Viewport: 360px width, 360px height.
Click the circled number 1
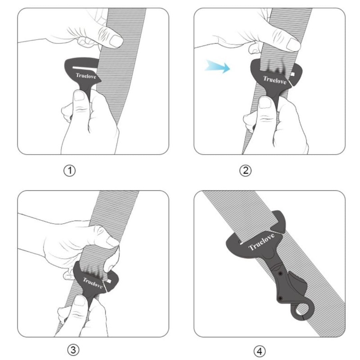coord(69,171)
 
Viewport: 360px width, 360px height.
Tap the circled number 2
coord(245,171)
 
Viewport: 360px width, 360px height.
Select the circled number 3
coord(73,350)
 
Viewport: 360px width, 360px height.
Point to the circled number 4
coord(260,351)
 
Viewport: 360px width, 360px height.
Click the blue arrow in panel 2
coord(217,67)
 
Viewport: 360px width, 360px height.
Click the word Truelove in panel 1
coord(86,76)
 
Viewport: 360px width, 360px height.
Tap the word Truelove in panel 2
coord(274,80)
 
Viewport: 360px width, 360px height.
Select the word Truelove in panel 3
coord(93,283)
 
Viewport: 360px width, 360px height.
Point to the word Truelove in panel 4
coord(261,242)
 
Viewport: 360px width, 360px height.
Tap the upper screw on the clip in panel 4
coord(280,274)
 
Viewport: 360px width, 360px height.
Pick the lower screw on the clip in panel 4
coord(280,298)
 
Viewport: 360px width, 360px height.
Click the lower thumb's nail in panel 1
coord(79,95)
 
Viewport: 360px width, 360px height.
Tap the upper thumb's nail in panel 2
coord(293,45)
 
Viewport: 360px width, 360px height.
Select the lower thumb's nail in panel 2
coord(265,103)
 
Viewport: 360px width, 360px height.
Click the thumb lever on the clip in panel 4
coord(298,284)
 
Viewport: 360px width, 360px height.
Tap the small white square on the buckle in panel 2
coord(292,74)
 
